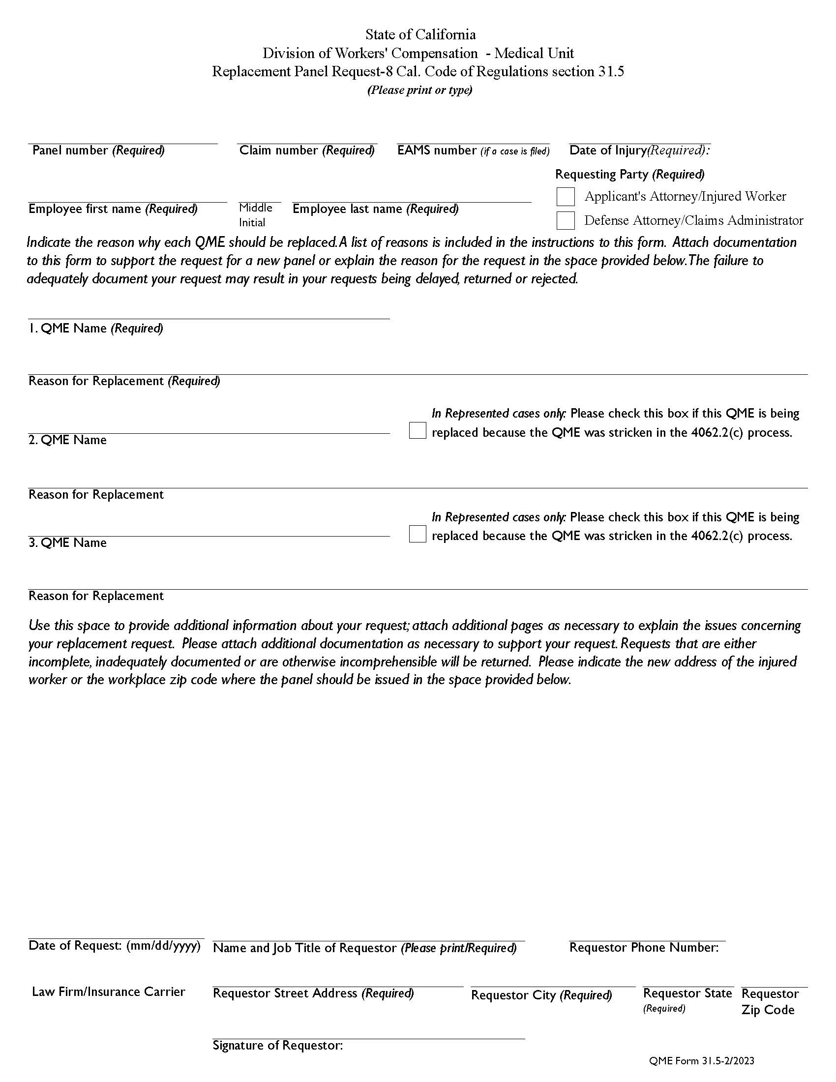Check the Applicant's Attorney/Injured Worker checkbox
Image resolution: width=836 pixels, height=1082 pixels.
[565, 197]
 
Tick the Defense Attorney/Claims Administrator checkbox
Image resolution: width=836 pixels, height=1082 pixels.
[565, 220]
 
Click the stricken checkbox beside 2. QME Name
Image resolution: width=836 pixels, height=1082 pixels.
[418, 430]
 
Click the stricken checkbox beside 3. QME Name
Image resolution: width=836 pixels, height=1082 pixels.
[418, 534]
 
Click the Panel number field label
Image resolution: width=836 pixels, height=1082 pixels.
[98, 150]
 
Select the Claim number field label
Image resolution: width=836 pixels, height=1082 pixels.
[306, 150]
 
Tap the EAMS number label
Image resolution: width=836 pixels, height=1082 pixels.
[473, 150]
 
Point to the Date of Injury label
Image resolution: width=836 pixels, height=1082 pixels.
[639, 150]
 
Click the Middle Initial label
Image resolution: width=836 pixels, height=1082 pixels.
[255, 215]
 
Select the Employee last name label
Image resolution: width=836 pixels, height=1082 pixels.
[375, 209]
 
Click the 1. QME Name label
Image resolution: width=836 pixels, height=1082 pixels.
[95, 329]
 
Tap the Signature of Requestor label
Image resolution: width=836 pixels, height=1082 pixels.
[277, 1045]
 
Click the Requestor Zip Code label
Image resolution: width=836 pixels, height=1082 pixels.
[769, 1002]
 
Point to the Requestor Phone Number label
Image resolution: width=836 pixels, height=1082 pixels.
[643, 947]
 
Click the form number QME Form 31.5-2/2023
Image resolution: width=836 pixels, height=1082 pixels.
[701, 1061]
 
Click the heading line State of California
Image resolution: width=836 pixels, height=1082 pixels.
[420, 35]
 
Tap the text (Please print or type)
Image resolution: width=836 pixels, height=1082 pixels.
[419, 90]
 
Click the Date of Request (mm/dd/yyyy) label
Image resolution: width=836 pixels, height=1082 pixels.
[115, 945]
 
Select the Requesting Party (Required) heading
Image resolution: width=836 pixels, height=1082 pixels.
[629, 175]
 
